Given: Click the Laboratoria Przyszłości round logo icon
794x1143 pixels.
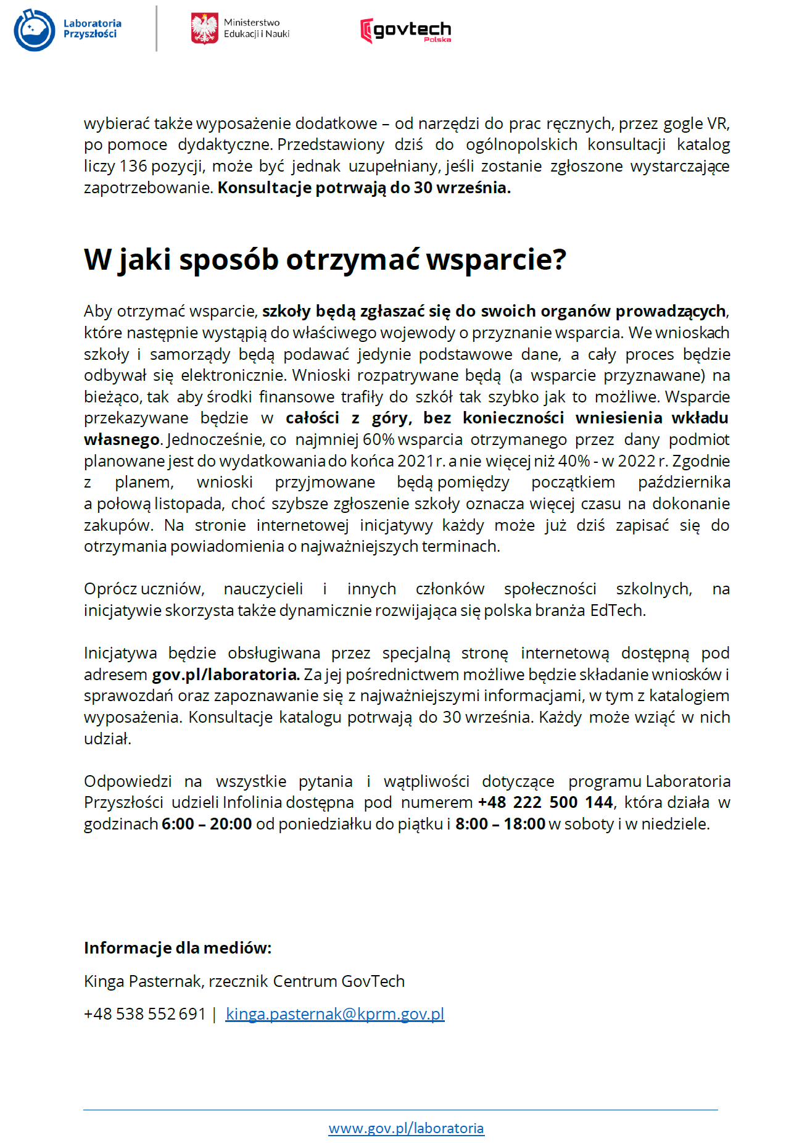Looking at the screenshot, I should tap(35, 30).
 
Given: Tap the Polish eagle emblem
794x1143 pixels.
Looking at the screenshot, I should tap(204, 29).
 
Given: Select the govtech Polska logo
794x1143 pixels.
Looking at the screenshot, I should tap(405, 30).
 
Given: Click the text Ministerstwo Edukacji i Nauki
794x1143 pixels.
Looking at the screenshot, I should tap(256, 28).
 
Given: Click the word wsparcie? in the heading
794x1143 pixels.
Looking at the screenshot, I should tap(496, 260).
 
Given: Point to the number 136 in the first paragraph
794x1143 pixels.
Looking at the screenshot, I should tap(133, 167).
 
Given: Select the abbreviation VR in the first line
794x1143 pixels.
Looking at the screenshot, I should tap(717, 124).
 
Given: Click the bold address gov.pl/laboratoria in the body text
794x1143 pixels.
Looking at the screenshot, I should tap(225, 675).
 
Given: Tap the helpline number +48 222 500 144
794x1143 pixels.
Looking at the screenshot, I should tap(545, 802).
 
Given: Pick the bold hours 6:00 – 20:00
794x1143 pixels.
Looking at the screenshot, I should tap(207, 824).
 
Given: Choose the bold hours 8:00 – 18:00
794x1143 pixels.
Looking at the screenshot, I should tap(500, 824).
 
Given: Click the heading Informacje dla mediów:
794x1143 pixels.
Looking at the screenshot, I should tap(178, 948).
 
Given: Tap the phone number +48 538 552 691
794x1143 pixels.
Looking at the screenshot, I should tap(144, 1014).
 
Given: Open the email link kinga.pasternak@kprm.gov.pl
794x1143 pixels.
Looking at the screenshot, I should tap(335, 1014).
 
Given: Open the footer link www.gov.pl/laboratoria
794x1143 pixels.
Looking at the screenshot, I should tap(406, 1128).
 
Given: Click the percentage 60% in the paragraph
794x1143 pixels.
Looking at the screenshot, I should tap(379, 439).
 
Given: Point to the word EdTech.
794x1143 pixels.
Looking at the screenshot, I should tap(617, 610).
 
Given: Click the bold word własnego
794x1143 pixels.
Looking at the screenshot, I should tap(122, 439).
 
